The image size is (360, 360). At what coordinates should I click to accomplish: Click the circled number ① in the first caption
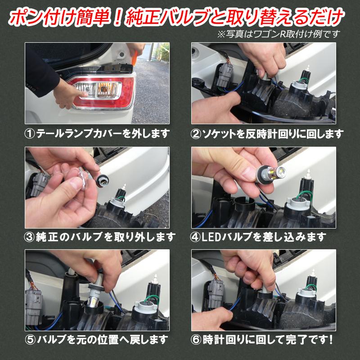tap(30, 134)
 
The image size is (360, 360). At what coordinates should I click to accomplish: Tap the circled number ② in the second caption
tap(197, 134)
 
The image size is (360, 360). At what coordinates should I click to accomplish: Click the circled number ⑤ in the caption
tap(30, 339)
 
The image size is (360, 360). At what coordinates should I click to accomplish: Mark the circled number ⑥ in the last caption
tap(197, 339)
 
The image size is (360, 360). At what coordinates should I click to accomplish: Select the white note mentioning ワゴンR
tap(279, 34)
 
